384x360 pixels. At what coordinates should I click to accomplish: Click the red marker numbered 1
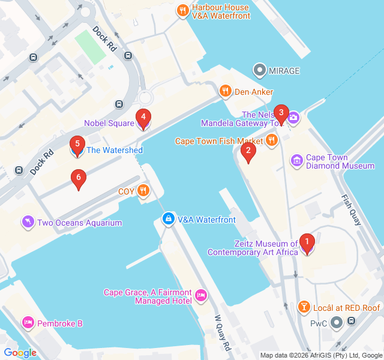click(307, 243)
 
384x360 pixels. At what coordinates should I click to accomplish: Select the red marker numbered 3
click(281, 113)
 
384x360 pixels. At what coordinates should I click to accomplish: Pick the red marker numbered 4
click(143, 118)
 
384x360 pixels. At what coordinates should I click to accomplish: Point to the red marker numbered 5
click(77, 145)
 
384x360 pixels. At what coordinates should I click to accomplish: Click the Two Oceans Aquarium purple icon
click(28, 223)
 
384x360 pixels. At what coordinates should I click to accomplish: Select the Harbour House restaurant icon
click(183, 11)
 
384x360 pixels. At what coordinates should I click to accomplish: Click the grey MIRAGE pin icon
click(260, 71)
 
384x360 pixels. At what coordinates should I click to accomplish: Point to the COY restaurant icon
click(143, 191)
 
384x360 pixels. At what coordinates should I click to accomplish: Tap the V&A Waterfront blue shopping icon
click(169, 220)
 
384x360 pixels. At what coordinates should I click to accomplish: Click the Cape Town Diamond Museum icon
click(296, 161)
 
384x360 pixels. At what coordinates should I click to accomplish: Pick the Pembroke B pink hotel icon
click(28, 323)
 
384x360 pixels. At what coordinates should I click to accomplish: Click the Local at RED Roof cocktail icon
click(304, 308)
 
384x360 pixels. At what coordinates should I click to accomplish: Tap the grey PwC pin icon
click(336, 323)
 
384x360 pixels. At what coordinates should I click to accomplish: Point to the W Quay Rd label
click(223, 334)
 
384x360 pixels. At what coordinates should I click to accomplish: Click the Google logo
click(20, 353)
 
